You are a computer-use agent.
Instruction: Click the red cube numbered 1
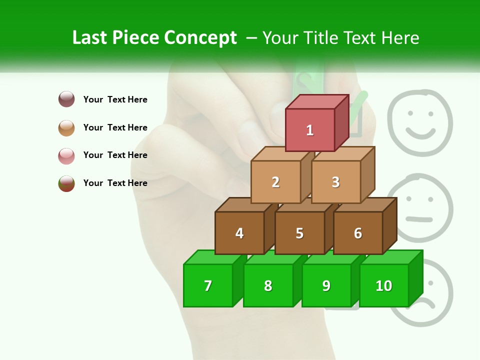310,129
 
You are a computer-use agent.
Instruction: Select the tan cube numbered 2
275,182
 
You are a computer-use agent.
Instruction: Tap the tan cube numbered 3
335,182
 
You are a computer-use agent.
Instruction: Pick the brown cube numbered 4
239,233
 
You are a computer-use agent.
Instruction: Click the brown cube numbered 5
299,233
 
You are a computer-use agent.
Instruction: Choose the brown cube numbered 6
358,233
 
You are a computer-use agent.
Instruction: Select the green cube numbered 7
208,285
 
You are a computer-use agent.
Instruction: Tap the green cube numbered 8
268,285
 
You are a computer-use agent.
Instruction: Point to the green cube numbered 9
326,285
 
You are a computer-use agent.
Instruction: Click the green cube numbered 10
384,285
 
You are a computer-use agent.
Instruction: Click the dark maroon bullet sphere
66,99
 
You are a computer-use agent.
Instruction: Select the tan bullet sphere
66,127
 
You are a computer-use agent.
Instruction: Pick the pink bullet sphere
66,155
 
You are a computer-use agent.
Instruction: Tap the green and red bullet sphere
66,183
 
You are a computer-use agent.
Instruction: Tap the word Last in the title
90,38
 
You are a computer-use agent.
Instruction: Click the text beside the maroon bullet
115,99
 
